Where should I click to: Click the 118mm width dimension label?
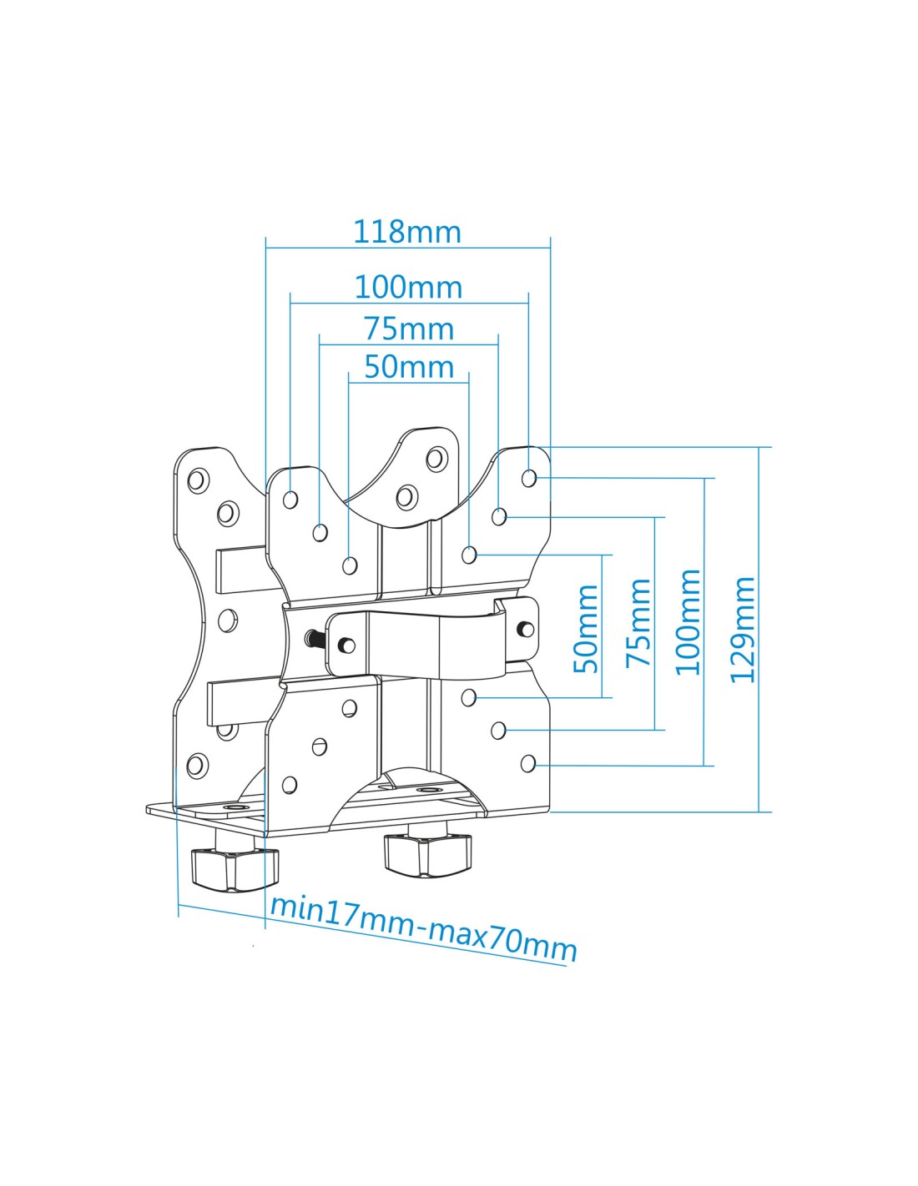pos(407,231)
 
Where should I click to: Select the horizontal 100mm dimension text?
pos(408,287)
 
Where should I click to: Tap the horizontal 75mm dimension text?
pos(409,329)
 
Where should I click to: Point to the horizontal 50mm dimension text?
pos(409,366)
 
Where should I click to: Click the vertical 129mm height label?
pos(743,630)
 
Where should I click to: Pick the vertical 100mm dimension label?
pos(688,621)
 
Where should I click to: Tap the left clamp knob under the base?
pos(235,867)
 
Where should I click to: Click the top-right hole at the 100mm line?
pos(528,478)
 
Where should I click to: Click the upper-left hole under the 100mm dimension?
pos(290,499)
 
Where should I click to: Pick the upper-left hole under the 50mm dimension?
pos(350,565)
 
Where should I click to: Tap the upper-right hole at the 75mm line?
pos(498,515)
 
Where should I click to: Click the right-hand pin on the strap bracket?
pos(526,628)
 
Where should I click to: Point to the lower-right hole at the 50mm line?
pos(468,696)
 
